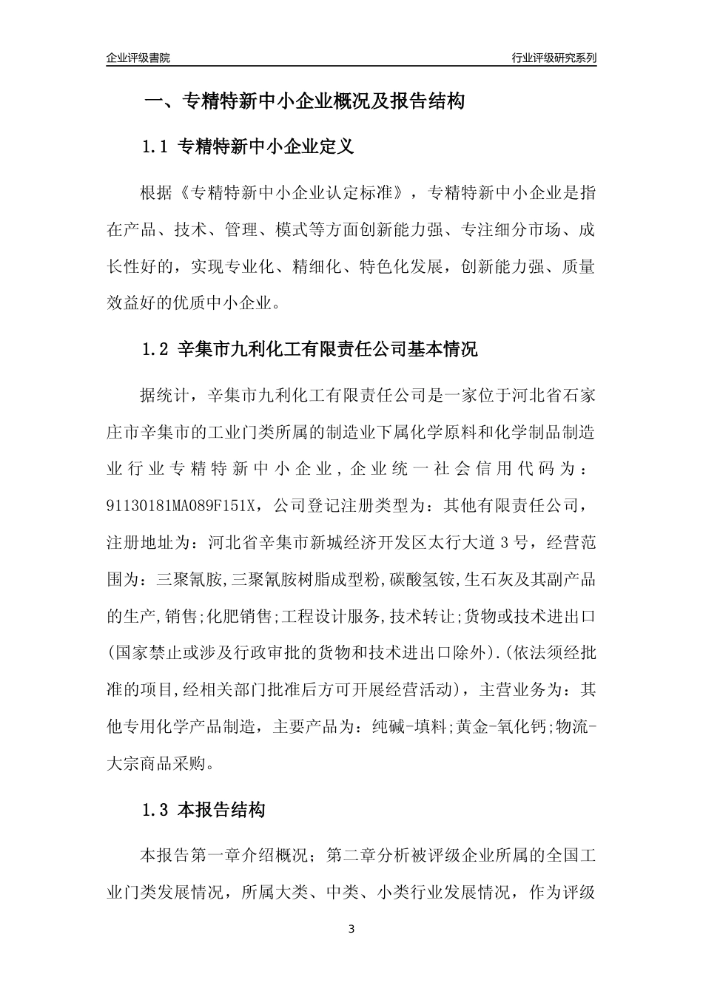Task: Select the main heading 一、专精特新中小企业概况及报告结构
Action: click(303, 102)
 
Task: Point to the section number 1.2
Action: click(156, 349)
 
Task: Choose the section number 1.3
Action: click(156, 811)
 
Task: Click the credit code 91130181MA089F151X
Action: click(181, 505)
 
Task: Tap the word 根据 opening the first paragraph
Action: click(155, 194)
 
